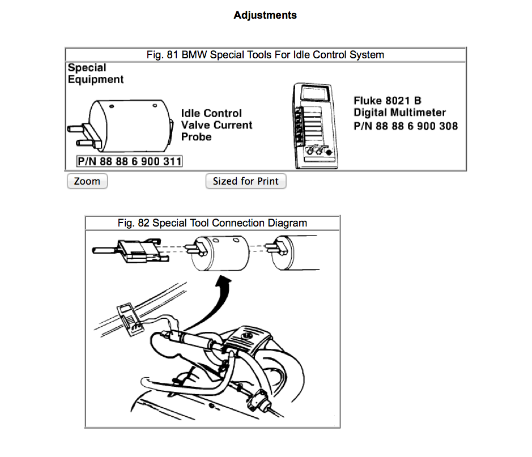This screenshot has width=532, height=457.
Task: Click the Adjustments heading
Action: [x=265, y=15]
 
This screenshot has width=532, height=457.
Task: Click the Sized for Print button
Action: [x=246, y=181]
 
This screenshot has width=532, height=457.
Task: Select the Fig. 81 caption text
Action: [x=265, y=55]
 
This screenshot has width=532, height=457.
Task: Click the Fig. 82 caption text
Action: [x=212, y=223]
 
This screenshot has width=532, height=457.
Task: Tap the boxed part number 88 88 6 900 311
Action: [x=130, y=161]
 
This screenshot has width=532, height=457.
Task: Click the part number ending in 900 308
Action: [x=406, y=126]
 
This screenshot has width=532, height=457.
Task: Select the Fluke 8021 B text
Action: [x=388, y=101]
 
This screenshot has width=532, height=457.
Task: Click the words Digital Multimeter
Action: [x=400, y=113]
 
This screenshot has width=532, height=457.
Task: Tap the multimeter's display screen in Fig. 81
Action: [x=315, y=93]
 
